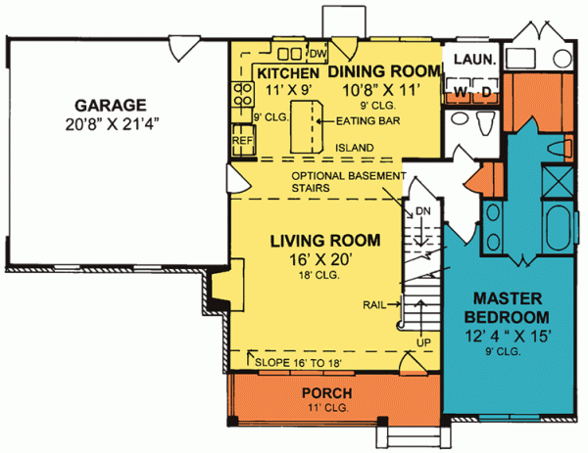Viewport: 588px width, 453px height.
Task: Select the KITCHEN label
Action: coord(287,73)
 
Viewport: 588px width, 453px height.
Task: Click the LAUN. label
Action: coord(474,60)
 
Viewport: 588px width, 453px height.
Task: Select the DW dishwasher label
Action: coord(317,55)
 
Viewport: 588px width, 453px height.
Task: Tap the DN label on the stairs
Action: coord(423,210)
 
